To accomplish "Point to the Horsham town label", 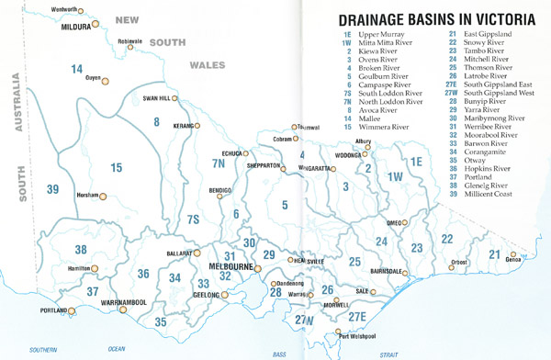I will click(86, 196).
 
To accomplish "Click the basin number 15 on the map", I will click(117, 167).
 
